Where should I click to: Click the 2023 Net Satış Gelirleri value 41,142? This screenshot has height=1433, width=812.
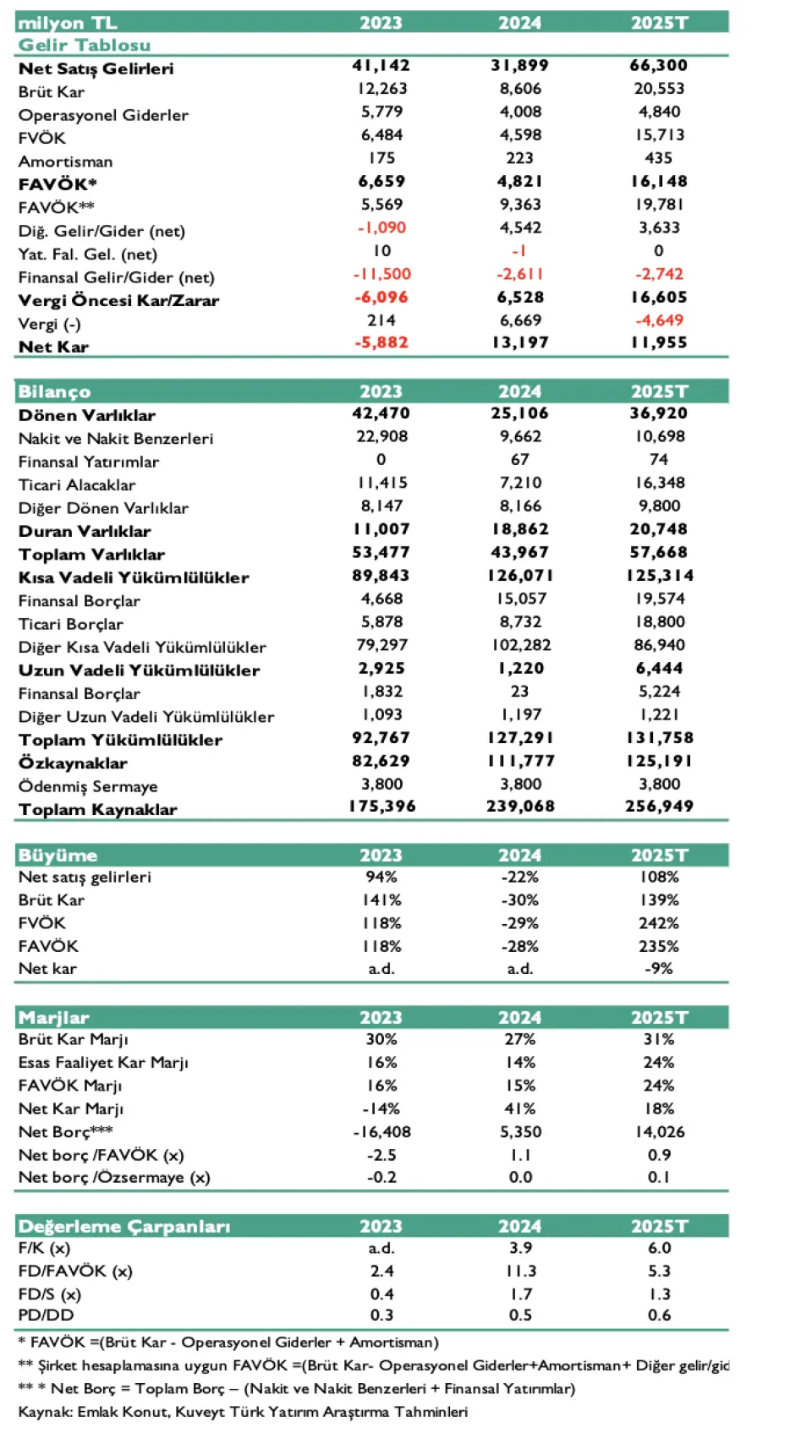click(x=381, y=66)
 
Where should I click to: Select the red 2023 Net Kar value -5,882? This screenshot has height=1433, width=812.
click(x=381, y=343)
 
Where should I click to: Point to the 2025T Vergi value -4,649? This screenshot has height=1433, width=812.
click(x=659, y=320)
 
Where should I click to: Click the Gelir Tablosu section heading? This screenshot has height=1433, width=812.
click(x=85, y=45)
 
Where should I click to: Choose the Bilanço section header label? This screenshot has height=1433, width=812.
click(x=54, y=391)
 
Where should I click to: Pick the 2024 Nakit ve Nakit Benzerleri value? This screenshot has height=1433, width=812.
click(x=519, y=437)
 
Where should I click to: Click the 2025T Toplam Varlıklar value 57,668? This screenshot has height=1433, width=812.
click(x=659, y=553)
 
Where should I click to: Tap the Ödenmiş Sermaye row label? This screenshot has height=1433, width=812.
click(x=88, y=786)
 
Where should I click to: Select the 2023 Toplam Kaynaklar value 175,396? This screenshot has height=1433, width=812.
click(x=382, y=807)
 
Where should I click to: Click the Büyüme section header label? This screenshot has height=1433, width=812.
click(x=58, y=856)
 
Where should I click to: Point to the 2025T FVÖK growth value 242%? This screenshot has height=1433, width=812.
click(x=659, y=923)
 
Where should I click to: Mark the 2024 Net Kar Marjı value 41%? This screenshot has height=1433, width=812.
click(x=519, y=1108)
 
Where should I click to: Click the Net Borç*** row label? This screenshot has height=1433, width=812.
click(x=65, y=1131)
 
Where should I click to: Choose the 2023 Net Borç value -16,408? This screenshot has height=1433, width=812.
click(x=381, y=1132)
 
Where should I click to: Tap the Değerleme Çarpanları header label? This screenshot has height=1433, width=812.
click(x=123, y=1226)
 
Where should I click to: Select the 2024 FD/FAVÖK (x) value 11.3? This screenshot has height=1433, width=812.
click(x=519, y=1272)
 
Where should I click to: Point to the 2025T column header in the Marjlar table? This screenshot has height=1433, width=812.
click(x=659, y=1018)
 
